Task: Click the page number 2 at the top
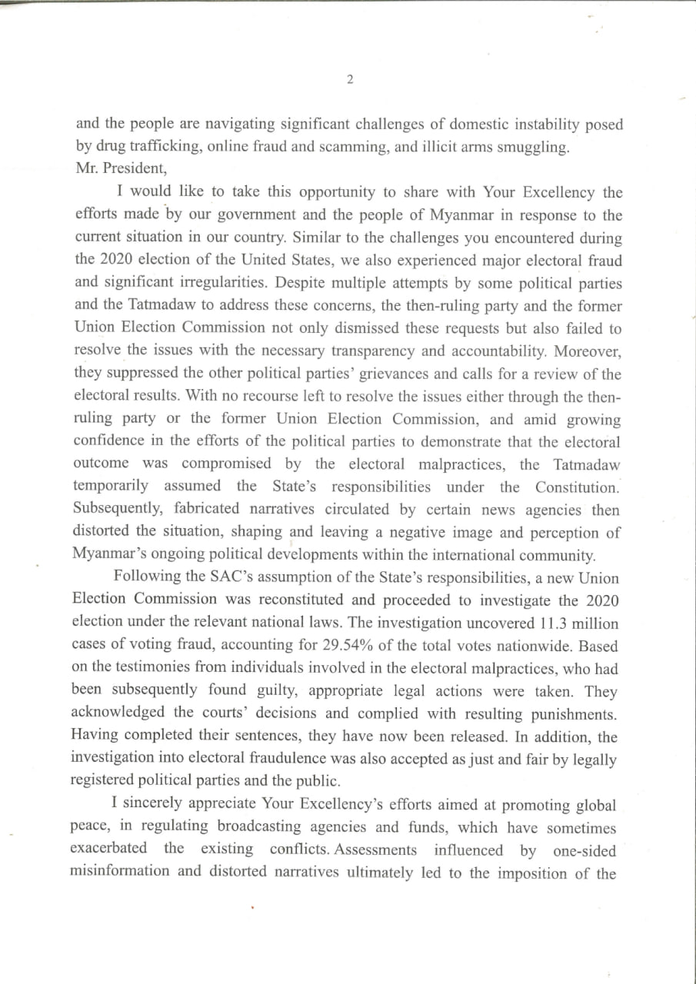tap(350, 80)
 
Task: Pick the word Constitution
tap(577, 487)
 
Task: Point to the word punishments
tap(571, 714)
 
